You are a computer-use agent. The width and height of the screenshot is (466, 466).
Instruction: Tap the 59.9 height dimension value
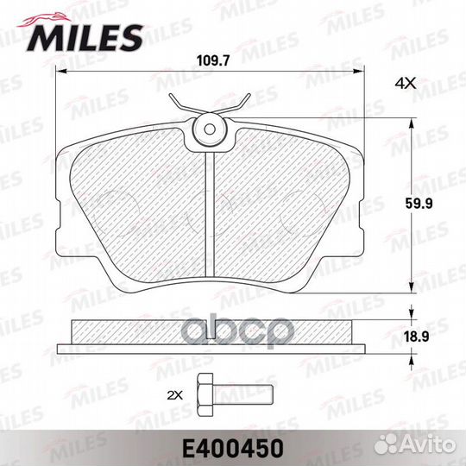coord(419,204)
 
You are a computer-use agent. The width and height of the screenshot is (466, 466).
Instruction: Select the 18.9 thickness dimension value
coord(417,337)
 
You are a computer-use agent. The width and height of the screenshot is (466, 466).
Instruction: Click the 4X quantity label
coord(406,84)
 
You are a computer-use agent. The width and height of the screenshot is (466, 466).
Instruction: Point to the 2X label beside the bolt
coord(175,395)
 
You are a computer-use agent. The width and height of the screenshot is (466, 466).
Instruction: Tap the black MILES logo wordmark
coord(85,38)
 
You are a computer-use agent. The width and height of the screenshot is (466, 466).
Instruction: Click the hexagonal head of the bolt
coord(205,395)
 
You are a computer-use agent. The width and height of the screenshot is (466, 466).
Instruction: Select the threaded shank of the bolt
coord(242,395)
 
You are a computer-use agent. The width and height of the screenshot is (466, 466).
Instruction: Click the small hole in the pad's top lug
coord(210,129)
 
